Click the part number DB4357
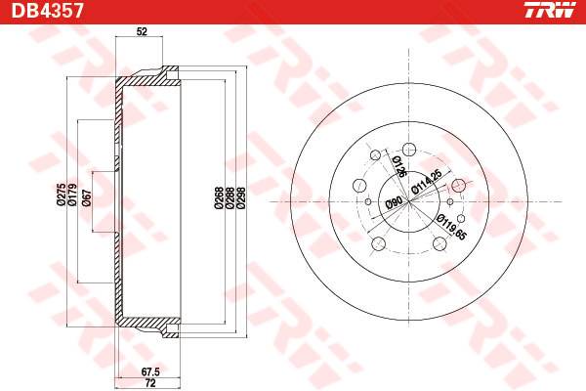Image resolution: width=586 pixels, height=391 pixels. pyautogui.click(x=47, y=11)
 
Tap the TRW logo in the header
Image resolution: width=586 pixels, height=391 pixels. pyautogui.click(x=550, y=10)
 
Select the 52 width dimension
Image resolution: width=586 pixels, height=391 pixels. pyautogui.click(x=142, y=31)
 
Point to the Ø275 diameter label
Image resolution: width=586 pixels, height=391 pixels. pyautogui.click(x=62, y=195)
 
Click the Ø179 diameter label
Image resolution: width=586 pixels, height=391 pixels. pyautogui.click(x=72, y=195)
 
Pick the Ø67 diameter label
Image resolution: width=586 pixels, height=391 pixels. pyautogui.click(x=86, y=197)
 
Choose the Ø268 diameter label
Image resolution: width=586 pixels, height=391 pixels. pyautogui.click(x=219, y=197)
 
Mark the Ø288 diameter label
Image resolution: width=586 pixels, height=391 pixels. pyautogui.click(x=230, y=197)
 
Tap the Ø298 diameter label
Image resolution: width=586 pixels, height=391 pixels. pyautogui.click(x=241, y=197)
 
